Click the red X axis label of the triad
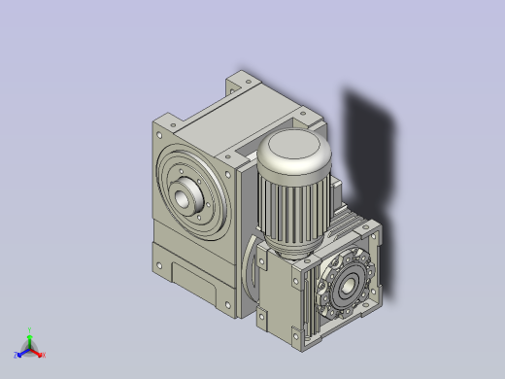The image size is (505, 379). point(43,355)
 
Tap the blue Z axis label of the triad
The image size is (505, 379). point(17,356)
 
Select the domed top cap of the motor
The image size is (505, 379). point(294,152)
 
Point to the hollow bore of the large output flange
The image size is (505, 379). point(184,198)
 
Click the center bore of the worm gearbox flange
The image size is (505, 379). point(345,285)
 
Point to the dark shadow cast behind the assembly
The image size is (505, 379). point(374,146)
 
